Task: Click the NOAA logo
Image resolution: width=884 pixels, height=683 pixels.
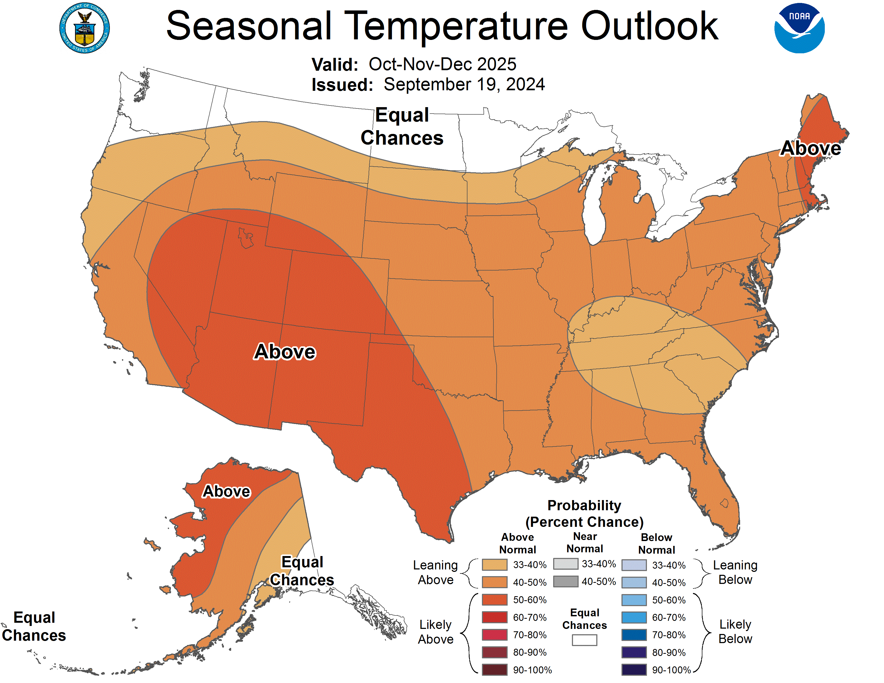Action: click(799, 28)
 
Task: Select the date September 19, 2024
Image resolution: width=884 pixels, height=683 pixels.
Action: click(464, 85)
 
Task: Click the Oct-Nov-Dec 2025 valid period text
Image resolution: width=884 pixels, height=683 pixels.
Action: click(442, 64)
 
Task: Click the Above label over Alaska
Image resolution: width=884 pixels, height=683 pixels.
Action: click(226, 491)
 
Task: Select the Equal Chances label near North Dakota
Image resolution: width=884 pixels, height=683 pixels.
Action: click(402, 126)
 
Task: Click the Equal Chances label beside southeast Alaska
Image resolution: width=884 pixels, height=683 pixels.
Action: click(302, 571)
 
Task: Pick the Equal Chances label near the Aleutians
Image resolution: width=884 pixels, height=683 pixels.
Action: click(34, 626)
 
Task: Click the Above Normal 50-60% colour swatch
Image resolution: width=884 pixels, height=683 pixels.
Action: click(494, 600)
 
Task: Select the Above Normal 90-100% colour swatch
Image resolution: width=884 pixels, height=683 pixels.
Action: click(494, 670)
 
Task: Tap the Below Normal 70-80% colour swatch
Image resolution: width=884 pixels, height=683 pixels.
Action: click(634, 635)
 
